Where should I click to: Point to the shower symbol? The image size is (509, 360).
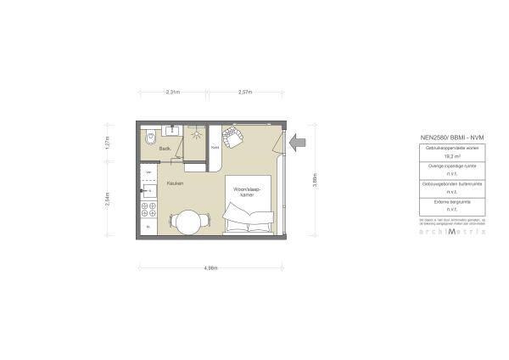196,133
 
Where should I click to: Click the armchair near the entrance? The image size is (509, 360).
232,136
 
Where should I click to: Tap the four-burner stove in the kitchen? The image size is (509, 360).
149,208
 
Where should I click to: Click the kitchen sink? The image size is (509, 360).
148,191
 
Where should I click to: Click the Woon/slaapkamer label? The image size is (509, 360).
247,192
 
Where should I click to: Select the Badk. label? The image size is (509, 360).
165,150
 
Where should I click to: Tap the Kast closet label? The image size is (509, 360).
215,146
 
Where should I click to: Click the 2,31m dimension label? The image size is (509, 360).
173,92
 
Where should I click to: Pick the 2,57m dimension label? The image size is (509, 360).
245,92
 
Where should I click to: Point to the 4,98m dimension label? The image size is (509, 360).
211,267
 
